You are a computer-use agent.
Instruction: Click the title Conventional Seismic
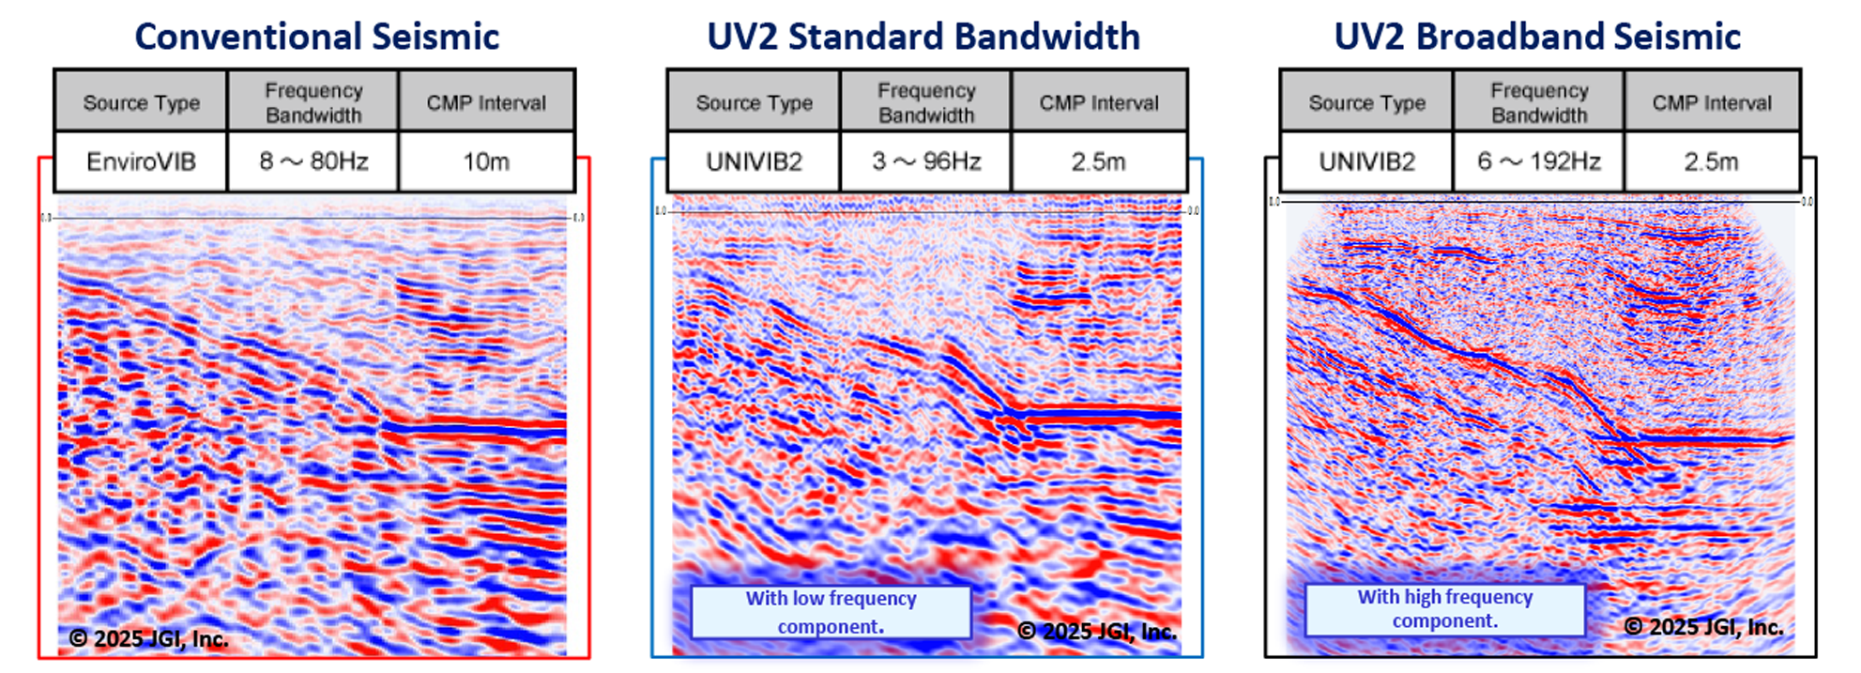316,37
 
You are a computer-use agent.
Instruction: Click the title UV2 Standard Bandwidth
923,37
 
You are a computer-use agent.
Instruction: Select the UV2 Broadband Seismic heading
1537,37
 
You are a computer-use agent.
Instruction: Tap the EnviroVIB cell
141,161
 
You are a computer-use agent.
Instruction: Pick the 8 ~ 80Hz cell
313,161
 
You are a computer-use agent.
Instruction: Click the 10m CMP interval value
486,161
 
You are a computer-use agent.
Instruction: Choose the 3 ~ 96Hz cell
926,161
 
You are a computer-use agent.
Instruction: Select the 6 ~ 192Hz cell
1539,161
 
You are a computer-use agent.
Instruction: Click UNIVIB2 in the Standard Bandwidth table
755,161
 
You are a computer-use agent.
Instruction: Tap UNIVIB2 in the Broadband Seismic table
1366,161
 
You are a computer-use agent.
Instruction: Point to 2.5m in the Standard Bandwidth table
1098,161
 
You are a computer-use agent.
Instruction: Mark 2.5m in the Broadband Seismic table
1711,161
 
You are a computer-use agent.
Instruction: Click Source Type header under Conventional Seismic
141,102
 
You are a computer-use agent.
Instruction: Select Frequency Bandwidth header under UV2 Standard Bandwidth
926,102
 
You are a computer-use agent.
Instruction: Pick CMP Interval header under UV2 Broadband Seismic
1712,102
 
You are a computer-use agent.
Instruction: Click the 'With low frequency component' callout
831,612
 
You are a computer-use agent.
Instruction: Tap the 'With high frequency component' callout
1444,609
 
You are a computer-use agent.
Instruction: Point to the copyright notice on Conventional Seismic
148,639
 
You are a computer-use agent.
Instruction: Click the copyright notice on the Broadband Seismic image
1703,627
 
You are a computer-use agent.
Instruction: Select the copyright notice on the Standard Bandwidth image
1096,631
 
